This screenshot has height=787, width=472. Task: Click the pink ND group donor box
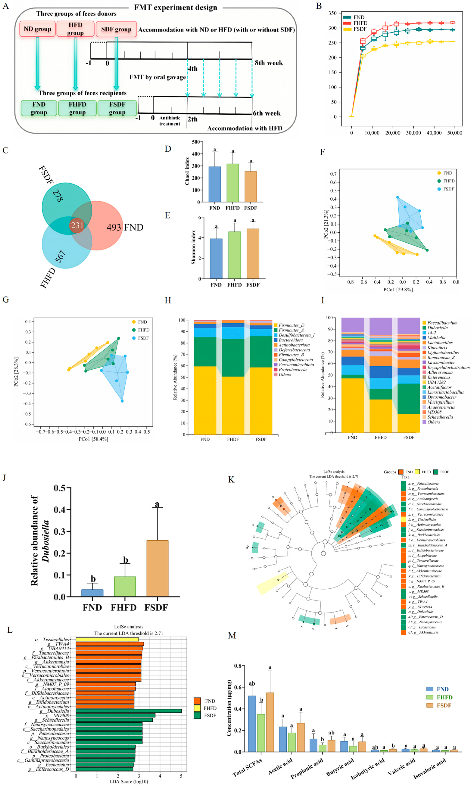coord(37,29)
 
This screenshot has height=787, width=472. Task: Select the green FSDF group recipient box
coord(117,108)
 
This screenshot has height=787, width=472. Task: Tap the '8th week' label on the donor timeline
coord(269,63)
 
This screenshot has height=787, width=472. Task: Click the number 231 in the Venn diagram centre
coord(77,226)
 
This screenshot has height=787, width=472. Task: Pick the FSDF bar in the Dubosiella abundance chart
coord(157,568)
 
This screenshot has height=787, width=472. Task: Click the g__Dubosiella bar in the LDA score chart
coord(129,711)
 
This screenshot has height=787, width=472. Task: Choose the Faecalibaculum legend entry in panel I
coord(442,323)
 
